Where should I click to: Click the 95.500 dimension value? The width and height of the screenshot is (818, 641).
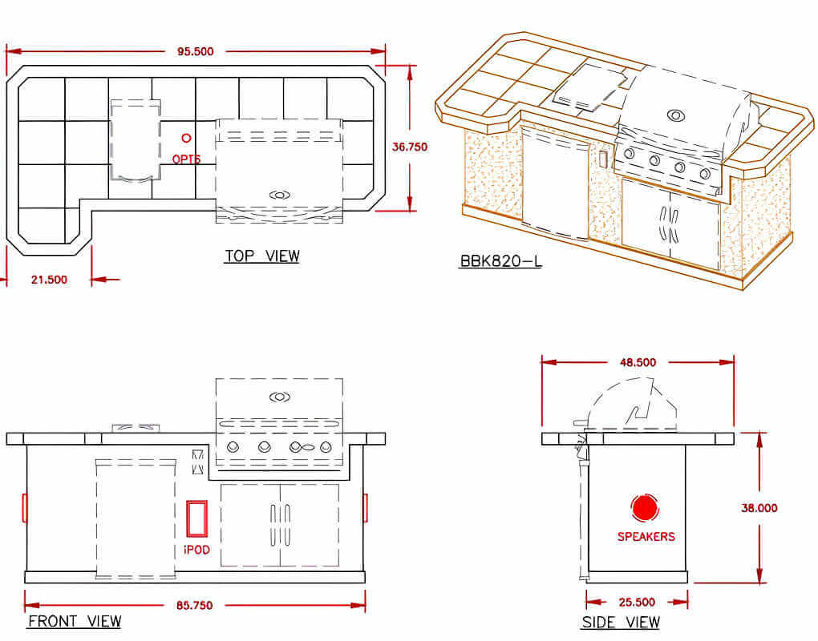pyautogui.click(x=195, y=51)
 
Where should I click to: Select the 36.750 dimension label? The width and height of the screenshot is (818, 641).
pyautogui.click(x=410, y=147)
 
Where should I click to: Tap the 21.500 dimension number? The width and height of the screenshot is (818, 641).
pyautogui.click(x=49, y=280)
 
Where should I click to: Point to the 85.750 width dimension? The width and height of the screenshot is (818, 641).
pyautogui.click(x=195, y=606)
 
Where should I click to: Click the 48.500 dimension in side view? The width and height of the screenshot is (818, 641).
pyautogui.click(x=638, y=362)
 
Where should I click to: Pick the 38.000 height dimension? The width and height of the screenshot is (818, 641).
pyautogui.click(x=759, y=507)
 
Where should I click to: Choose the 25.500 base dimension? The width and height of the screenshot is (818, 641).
pyautogui.click(x=637, y=603)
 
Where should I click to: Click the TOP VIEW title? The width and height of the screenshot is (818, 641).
pyautogui.click(x=262, y=256)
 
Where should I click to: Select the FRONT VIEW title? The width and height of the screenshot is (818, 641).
pyautogui.click(x=75, y=621)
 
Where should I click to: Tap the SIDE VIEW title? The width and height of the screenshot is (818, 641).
pyautogui.click(x=621, y=623)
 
